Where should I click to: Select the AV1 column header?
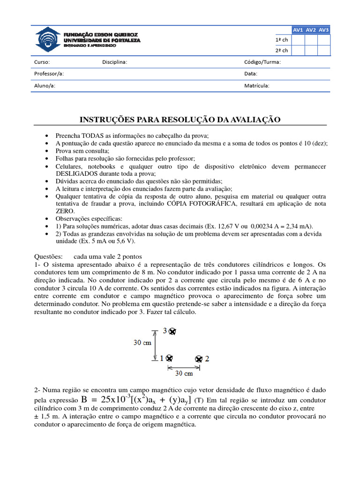click(298, 30)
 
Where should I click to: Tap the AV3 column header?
click(323, 30)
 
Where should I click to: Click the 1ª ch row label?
click(282, 39)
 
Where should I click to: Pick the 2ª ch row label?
click(282, 51)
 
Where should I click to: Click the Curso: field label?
click(42, 62)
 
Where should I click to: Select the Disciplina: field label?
click(114, 62)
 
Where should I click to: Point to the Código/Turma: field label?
click(262, 62)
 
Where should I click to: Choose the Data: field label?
click(251, 74)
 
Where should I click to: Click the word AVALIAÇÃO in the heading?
click(255, 120)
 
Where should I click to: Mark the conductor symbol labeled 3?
click(172, 331)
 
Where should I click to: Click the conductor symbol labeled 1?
click(169, 359)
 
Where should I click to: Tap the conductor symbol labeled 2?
click(199, 359)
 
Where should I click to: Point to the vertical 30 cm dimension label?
click(142, 343)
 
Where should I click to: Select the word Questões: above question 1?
click(49, 256)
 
